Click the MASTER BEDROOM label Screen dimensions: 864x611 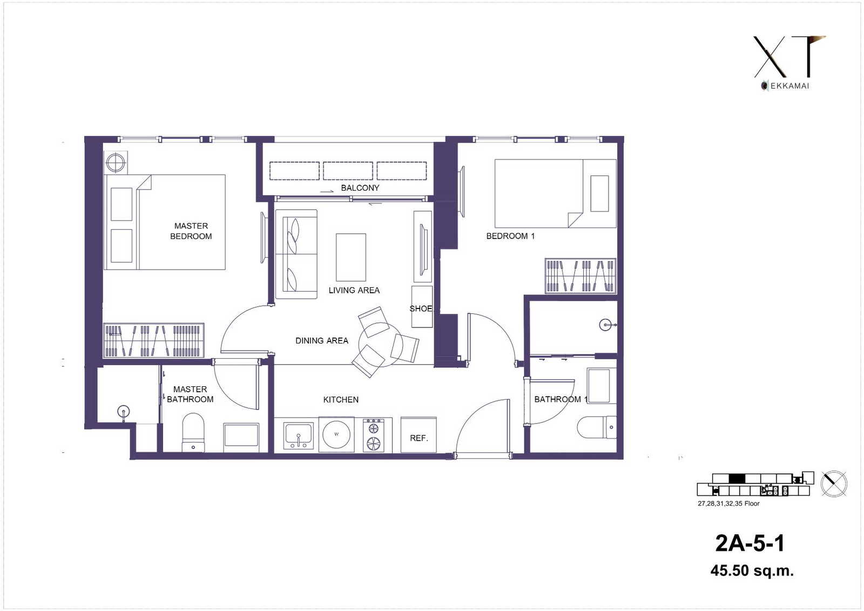click(191, 231)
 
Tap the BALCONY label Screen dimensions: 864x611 click(360, 188)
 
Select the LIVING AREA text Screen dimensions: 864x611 click(354, 290)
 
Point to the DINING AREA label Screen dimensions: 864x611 click(322, 340)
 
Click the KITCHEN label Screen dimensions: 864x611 click(341, 399)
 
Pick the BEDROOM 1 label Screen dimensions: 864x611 click(510, 236)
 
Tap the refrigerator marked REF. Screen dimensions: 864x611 click(418, 435)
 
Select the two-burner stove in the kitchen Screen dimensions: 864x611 click(373, 435)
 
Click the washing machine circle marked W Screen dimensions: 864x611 click(336, 434)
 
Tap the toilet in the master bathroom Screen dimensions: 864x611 click(193, 432)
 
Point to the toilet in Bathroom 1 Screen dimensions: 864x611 click(597, 427)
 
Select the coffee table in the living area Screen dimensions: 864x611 click(350, 257)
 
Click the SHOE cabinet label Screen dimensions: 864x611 click(421, 308)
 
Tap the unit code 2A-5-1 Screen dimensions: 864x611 click(750, 543)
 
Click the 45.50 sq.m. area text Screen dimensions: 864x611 click(752, 570)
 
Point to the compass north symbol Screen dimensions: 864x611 click(834, 484)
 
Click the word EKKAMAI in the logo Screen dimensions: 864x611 click(789, 86)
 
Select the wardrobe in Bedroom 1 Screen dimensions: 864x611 click(580, 276)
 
